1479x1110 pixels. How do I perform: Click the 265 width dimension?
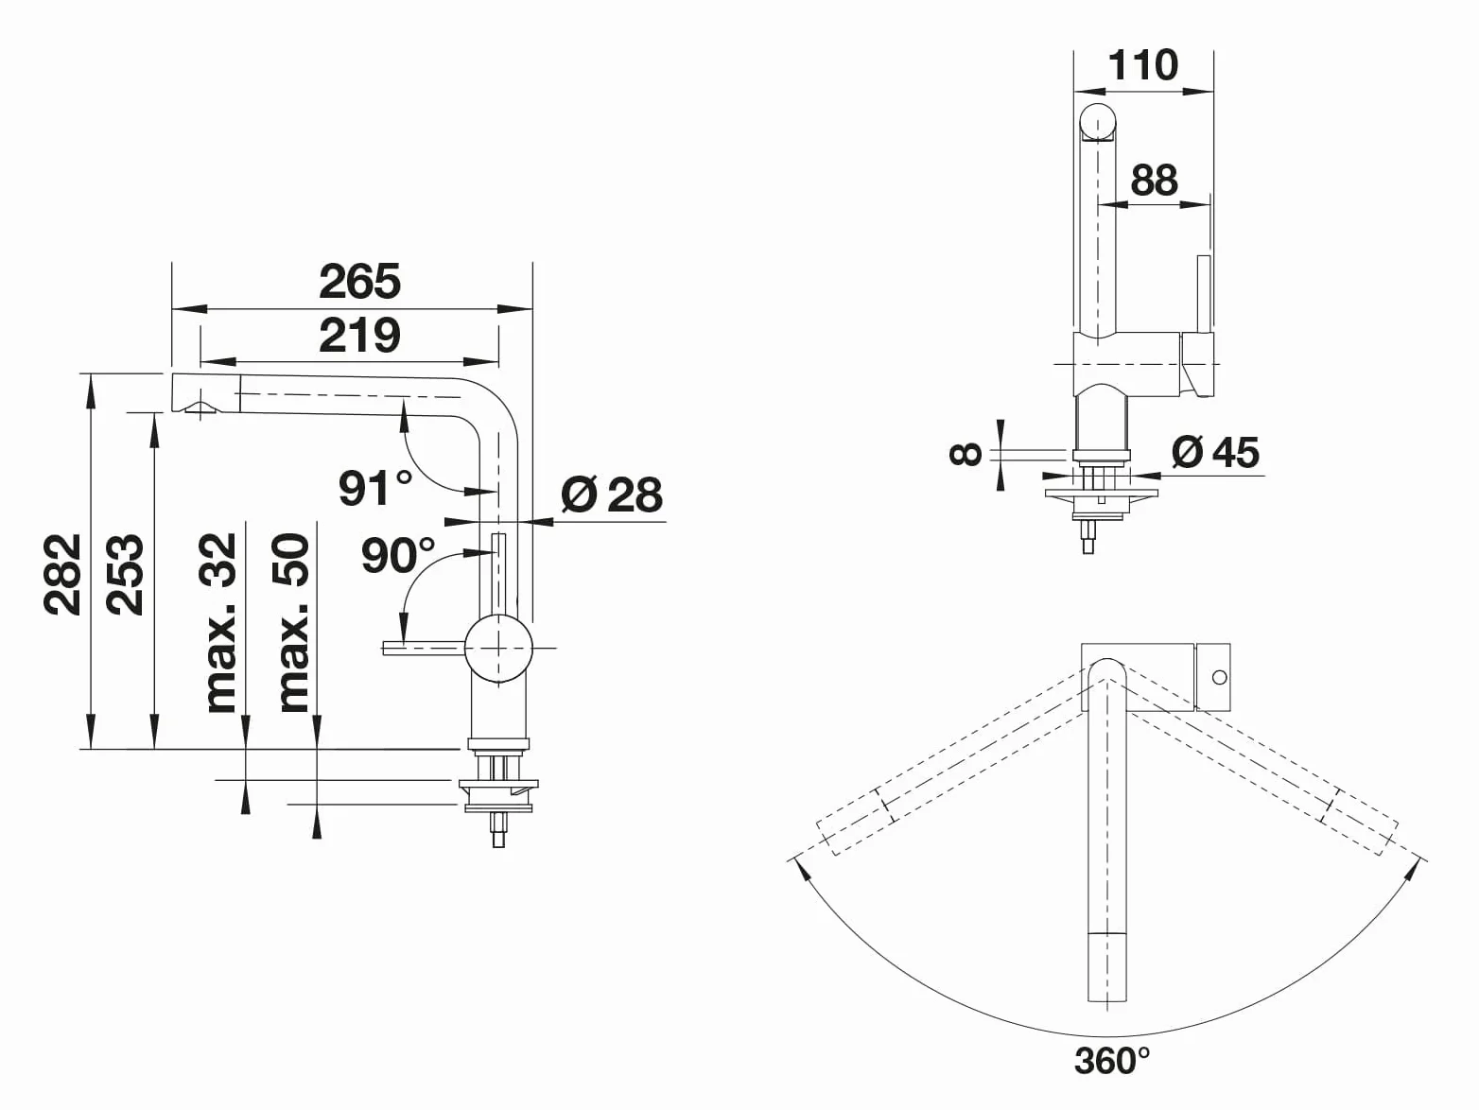pos(359,282)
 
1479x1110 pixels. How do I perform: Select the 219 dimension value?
pos(359,336)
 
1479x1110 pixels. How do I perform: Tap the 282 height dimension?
pos(62,575)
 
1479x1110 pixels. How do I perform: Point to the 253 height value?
pos(126,575)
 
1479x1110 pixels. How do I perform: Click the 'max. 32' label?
pos(219,623)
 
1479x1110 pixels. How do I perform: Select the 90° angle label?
pos(398,556)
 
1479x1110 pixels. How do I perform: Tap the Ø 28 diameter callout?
pos(612,494)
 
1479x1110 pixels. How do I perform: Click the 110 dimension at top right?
pos(1143,64)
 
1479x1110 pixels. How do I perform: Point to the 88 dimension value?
pos(1155,180)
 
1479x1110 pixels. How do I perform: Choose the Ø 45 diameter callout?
pos(1215,452)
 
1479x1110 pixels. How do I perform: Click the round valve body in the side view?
pos(498,649)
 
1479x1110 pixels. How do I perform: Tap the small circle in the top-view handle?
pos(1220,677)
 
